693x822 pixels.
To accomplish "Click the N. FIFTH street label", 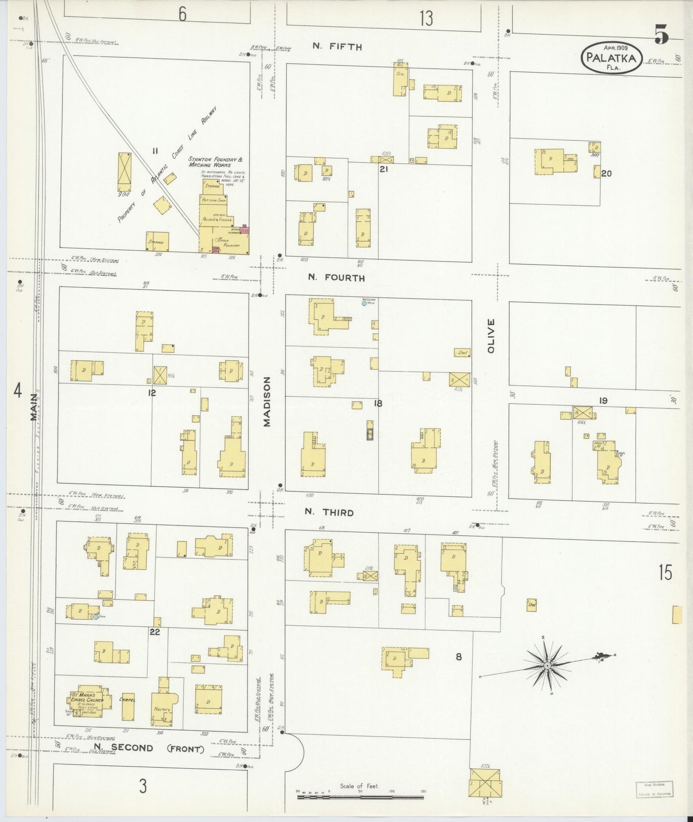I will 337,47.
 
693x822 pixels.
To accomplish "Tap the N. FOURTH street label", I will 336,278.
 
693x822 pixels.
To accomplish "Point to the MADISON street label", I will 267,401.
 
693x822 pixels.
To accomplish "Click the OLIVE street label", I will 491,336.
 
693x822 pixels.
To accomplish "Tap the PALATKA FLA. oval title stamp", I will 611,58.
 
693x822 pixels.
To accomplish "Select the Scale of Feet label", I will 359,786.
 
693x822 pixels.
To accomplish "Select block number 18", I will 378,404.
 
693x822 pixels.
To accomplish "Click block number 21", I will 383,169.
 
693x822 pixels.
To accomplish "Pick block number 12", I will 152,393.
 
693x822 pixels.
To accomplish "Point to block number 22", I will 154,632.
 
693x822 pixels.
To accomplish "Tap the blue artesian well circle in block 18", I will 364,303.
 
